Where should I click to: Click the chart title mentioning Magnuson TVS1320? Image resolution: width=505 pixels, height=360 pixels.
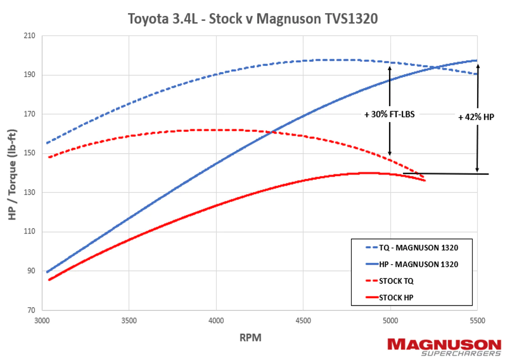pos(252,19)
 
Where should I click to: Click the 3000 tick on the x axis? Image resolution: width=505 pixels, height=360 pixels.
pos(42,321)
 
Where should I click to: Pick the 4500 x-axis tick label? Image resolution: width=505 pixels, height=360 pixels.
pos(303,321)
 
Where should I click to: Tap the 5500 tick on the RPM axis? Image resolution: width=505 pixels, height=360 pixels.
pos(477,321)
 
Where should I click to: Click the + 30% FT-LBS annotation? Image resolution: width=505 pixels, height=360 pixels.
pos(389,115)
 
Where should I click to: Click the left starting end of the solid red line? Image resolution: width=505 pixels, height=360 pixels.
pos(49,280)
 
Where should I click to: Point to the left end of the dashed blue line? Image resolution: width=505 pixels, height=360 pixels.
pos(47,143)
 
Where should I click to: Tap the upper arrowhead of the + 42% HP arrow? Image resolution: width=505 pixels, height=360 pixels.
pos(477,65)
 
